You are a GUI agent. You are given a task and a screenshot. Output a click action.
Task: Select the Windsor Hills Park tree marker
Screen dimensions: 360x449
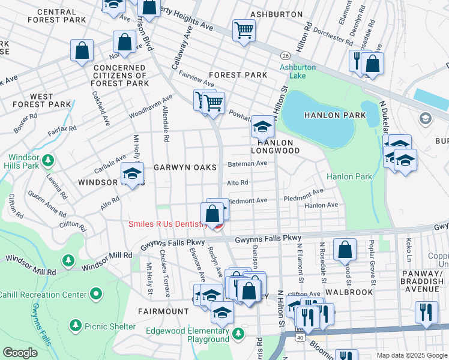click(x=47, y=160)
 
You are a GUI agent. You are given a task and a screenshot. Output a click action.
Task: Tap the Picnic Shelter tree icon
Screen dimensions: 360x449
click(x=76, y=325)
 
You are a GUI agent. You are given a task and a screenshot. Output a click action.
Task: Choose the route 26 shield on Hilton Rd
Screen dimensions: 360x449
click(x=285, y=55)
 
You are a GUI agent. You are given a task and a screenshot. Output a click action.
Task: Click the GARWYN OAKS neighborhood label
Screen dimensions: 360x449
click(x=184, y=168)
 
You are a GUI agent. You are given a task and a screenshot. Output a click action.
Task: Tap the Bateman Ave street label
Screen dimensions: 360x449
click(x=247, y=163)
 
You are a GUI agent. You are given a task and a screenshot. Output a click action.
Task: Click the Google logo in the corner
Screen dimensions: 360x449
click(x=20, y=353)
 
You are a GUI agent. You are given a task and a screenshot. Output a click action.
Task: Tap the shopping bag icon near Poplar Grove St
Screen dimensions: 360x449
click(x=345, y=250)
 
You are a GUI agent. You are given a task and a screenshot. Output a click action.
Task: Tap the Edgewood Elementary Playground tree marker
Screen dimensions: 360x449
click(x=239, y=333)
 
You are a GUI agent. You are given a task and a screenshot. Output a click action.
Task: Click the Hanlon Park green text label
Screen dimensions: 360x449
click(x=349, y=176)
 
